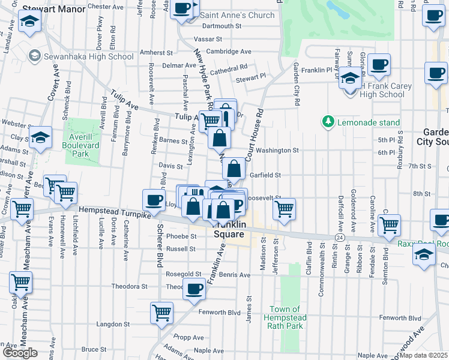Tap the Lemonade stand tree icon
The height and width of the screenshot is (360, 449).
pyautogui.click(x=328, y=122)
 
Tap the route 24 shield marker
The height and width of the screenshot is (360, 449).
pyautogui.click(x=340, y=238)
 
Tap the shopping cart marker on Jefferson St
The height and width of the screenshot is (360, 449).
pyautogui.click(x=284, y=209)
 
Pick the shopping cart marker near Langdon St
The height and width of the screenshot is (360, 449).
pyautogui.click(x=162, y=312)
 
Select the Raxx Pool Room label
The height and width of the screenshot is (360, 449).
pyautogui.click(x=423, y=244)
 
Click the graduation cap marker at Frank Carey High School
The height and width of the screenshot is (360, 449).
pyautogui.click(x=350, y=78)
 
